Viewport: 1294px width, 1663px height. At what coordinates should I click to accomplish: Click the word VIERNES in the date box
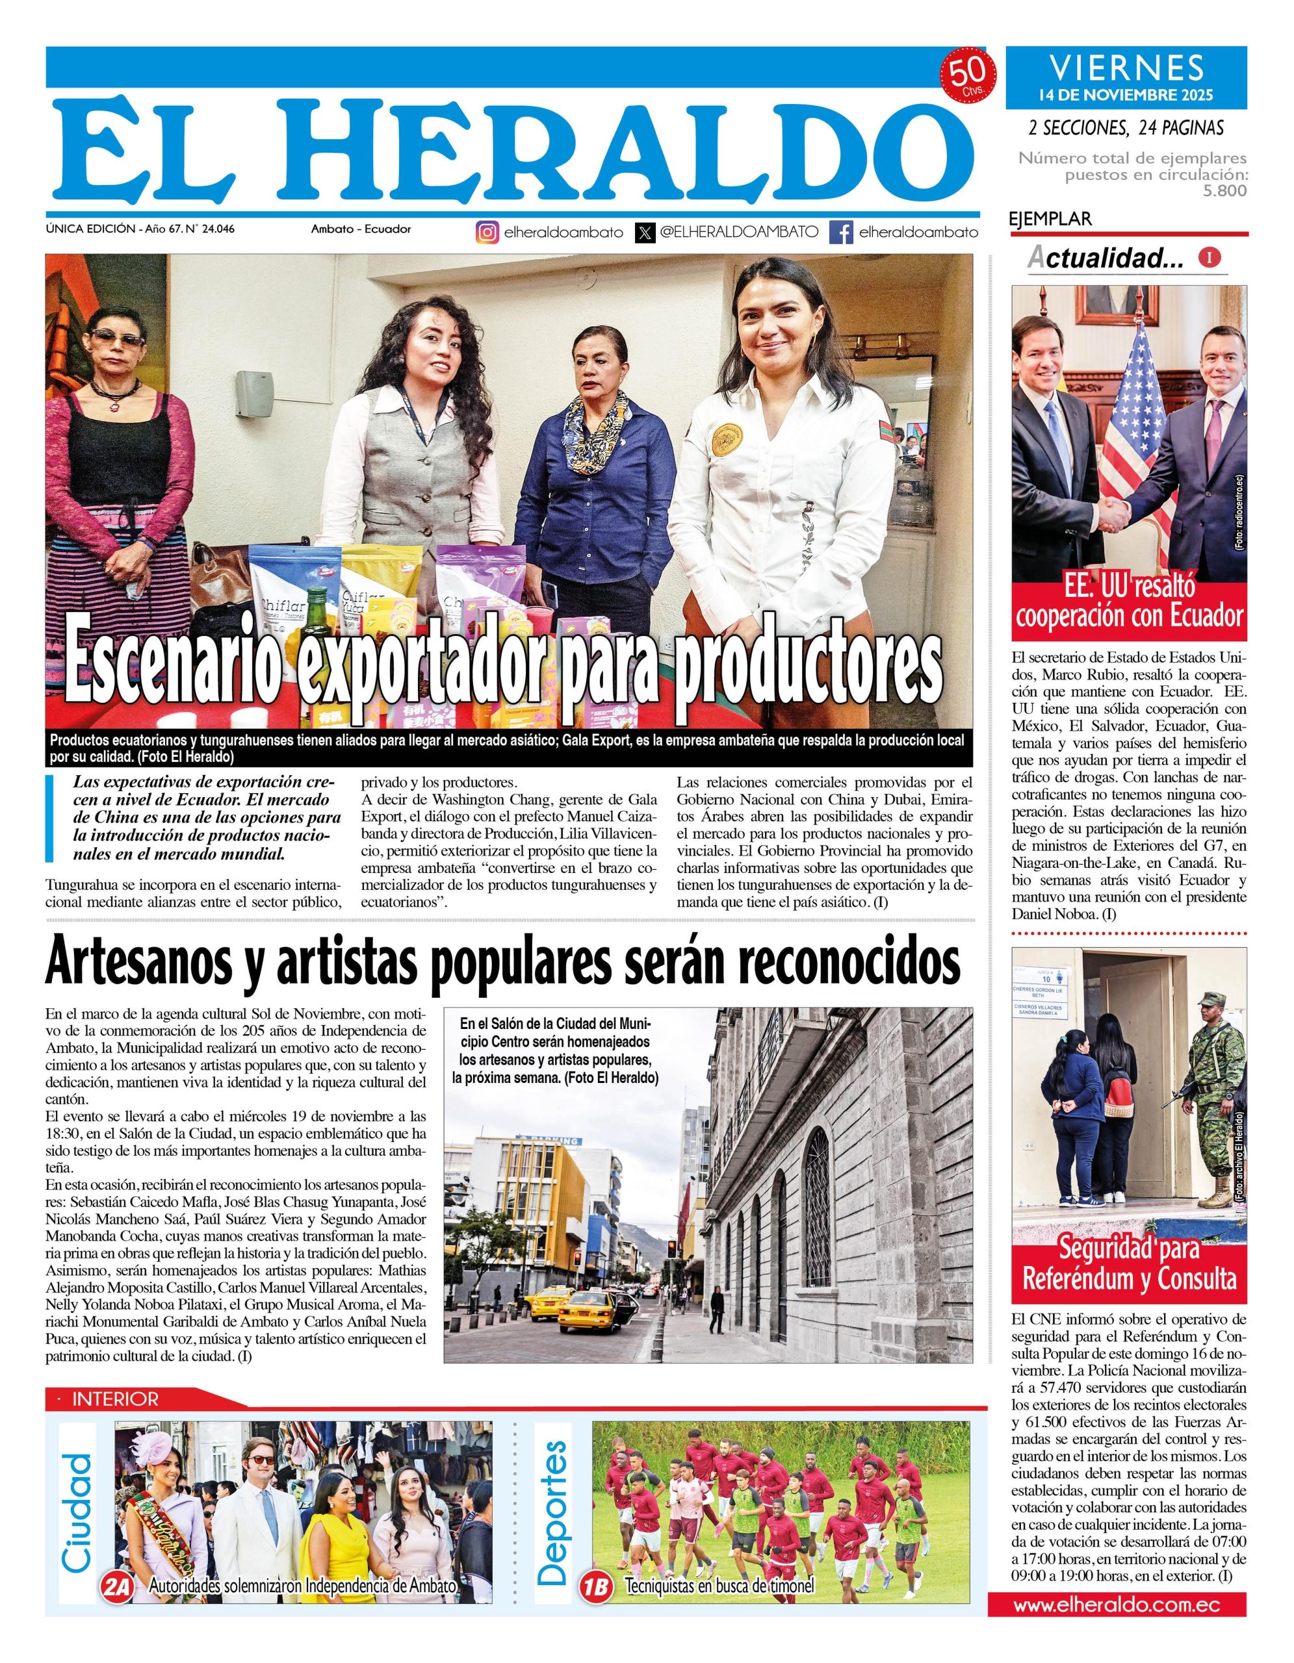[1127, 68]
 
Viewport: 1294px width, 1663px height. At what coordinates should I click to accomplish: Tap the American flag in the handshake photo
[1130, 426]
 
